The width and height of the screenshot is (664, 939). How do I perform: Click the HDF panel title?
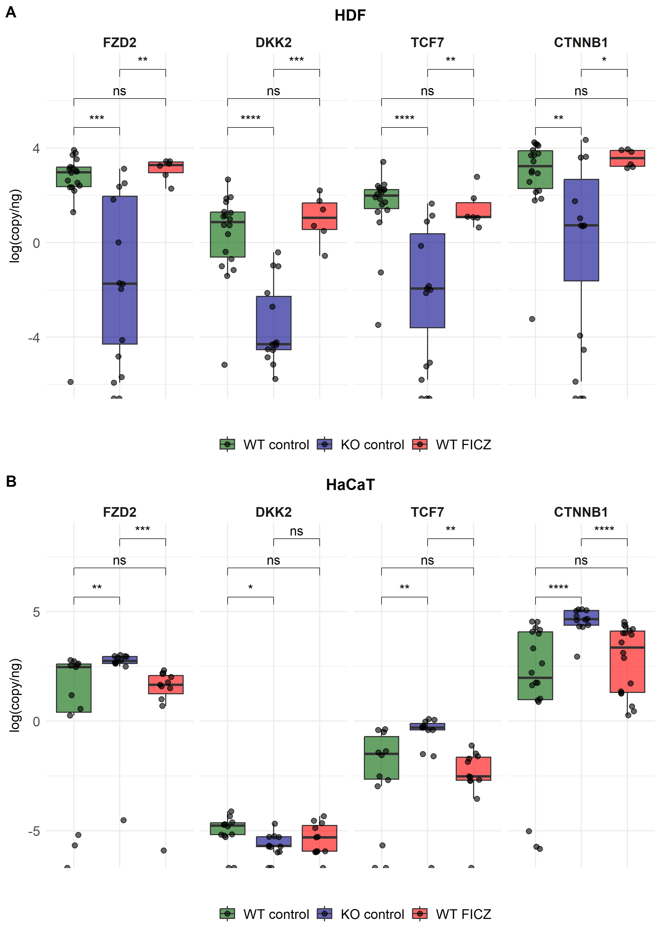[350, 16]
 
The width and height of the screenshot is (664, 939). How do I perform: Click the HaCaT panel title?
[350, 485]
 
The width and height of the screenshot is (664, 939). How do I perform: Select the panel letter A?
[11, 12]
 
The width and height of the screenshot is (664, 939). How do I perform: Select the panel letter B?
[11, 481]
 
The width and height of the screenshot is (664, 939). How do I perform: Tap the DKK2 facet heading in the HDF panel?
[274, 43]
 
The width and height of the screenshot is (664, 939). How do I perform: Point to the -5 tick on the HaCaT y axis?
[34, 831]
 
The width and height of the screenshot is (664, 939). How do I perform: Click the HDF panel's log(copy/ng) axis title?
[15, 226]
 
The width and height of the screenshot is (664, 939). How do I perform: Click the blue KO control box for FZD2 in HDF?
[119, 270]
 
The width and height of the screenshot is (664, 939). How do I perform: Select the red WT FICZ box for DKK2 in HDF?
[319, 216]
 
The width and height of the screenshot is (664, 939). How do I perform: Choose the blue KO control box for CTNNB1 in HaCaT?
[581, 617]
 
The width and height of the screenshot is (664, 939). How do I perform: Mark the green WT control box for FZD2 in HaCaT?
[74, 688]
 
